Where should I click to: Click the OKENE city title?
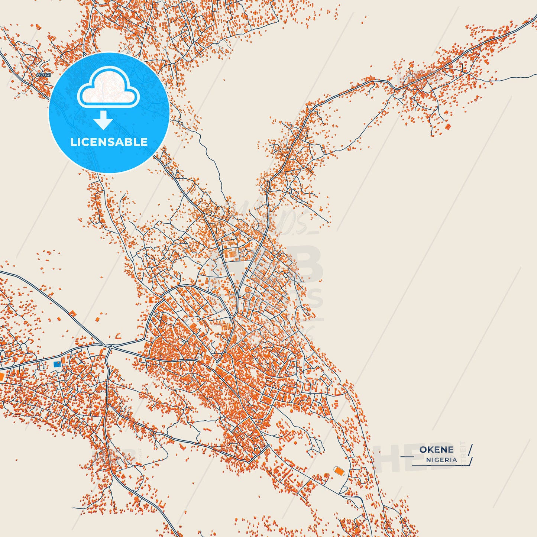[x=436, y=450]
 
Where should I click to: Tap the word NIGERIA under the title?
[x=441, y=460]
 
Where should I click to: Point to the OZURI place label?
[x=43, y=75]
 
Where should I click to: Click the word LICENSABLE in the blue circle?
[x=109, y=142]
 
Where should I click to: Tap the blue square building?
[x=57, y=364]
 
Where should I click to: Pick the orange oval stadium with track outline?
[x=339, y=471]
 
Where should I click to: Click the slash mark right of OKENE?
[x=470, y=449]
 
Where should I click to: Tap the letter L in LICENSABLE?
[x=73, y=142]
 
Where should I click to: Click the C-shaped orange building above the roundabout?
[x=118, y=336]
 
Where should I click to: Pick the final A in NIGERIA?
[x=455, y=460]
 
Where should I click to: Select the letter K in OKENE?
[x=431, y=450]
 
